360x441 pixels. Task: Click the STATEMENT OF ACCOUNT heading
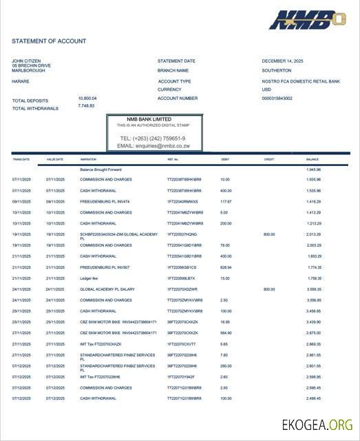pyautogui.click(x=49, y=41)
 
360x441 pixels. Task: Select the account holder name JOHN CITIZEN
pyautogui.click(x=27, y=61)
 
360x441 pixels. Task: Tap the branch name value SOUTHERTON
pyautogui.click(x=276, y=70)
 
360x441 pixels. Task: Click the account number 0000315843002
pyautogui.click(x=277, y=98)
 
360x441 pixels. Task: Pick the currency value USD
pyautogui.click(x=266, y=89)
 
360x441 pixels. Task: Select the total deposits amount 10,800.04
pyautogui.click(x=87, y=98)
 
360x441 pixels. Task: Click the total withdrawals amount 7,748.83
pyautogui.click(x=86, y=105)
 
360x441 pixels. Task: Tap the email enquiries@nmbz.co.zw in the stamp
pyautogui.click(x=153, y=146)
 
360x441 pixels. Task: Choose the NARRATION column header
pyautogui.click(x=88, y=159)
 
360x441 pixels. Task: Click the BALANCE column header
pyautogui.click(x=313, y=159)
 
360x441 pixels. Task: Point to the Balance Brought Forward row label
pyautogui.click(x=100, y=170)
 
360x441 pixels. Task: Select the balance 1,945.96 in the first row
pyautogui.click(x=313, y=170)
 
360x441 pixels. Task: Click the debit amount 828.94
pyautogui.click(x=226, y=267)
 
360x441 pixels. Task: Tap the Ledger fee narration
pyautogui.click(x=89, y=278)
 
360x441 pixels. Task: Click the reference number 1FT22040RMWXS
pyautogui.click(x=182, y=201)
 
